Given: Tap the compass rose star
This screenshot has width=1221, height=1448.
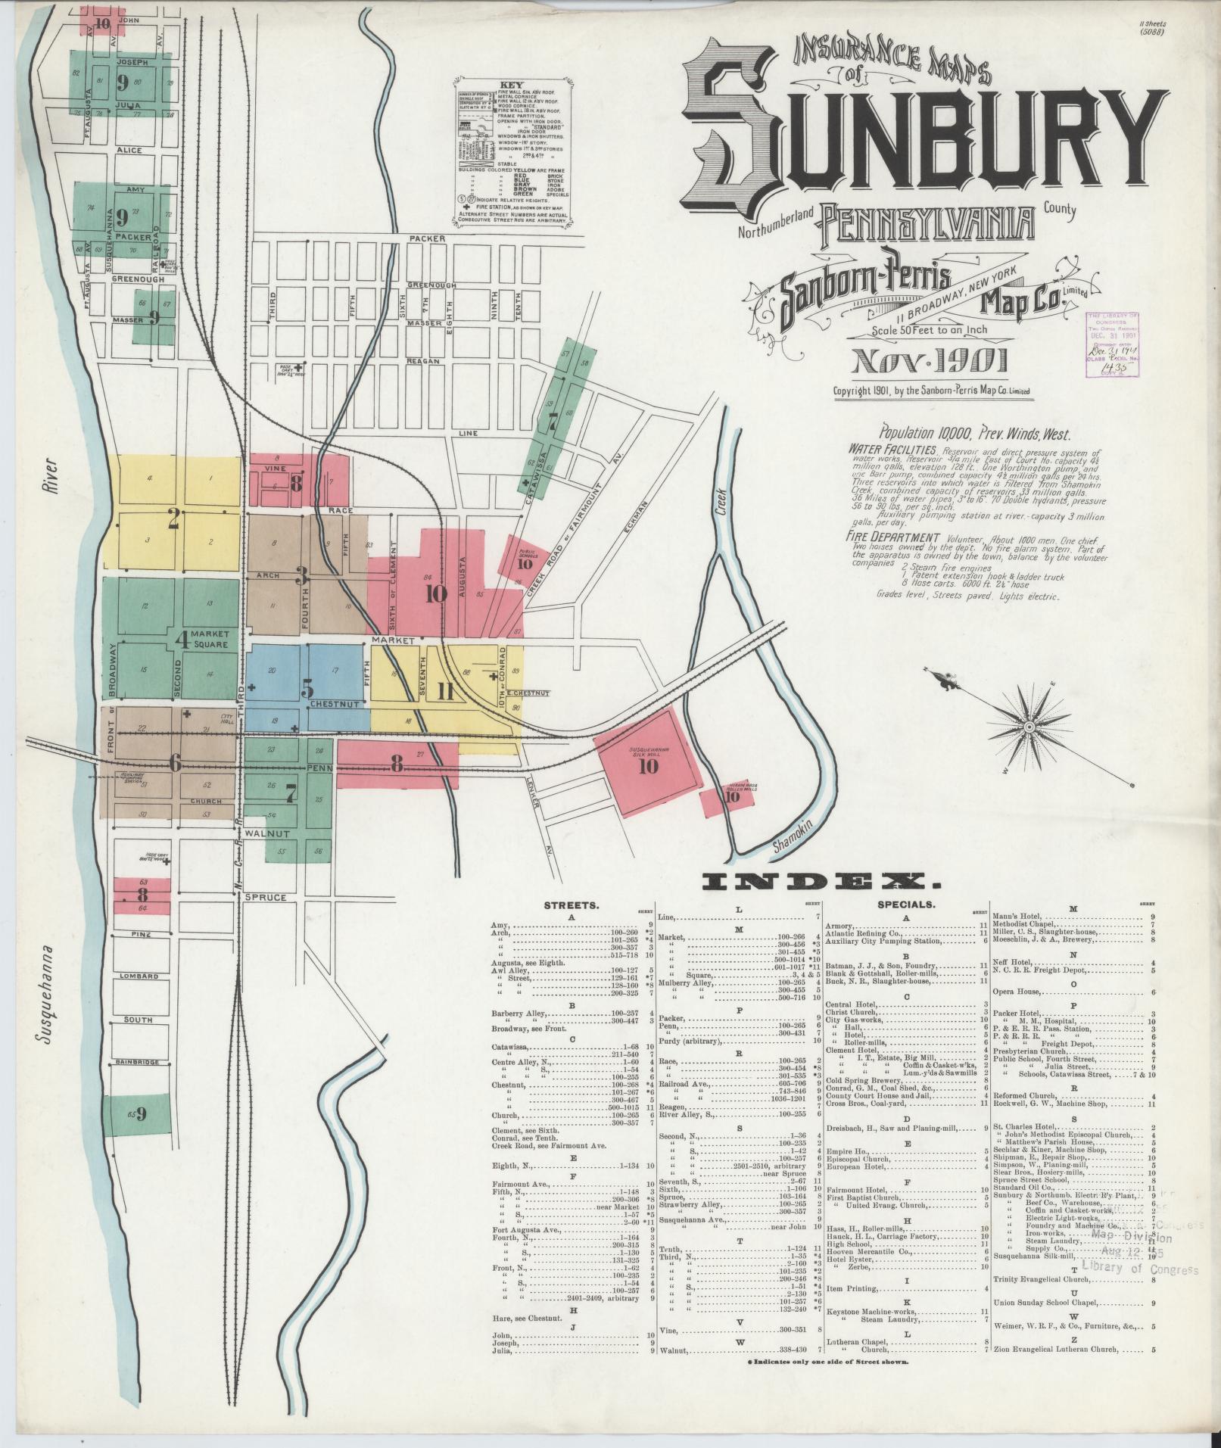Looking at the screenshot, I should pos(1029,727).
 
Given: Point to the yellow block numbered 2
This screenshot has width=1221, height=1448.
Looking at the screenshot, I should pos(174,518).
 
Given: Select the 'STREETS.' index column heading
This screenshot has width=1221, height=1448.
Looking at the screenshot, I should pos(572,905).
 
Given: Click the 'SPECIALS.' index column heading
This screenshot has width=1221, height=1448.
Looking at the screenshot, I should pos(906,905).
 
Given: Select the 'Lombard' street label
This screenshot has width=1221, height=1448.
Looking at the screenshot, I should pos(139,976).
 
